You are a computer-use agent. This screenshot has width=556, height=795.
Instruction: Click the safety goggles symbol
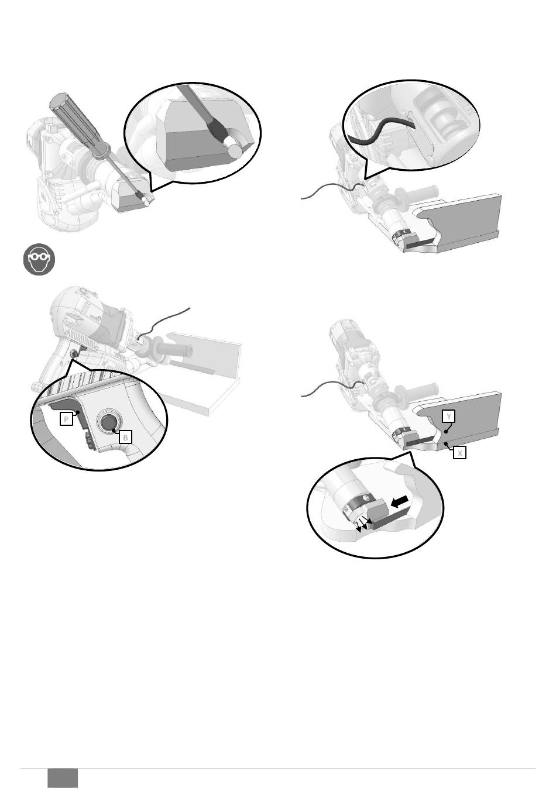(39, 259)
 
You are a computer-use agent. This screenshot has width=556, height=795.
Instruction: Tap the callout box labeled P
(66, 419)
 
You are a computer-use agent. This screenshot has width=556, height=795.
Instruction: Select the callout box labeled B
(125, 437)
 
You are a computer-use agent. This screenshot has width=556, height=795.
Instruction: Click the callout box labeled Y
(449, 417)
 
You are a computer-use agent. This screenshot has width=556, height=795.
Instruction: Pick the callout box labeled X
(460, 453)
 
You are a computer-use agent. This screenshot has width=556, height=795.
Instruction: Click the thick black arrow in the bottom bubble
(399, 501)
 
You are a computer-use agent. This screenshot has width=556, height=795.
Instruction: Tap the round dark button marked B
(109, 423)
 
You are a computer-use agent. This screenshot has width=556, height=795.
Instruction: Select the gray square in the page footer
(63, 778)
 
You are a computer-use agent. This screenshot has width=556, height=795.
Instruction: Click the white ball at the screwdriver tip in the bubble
(235, 150)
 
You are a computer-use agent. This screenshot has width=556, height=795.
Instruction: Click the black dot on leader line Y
(446, 431)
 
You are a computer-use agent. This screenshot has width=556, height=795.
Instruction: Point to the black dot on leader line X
(445, 443)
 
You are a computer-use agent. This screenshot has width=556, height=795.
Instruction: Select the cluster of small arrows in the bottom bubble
(363, 524)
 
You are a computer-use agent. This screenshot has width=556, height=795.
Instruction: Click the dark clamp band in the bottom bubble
(359, 501)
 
